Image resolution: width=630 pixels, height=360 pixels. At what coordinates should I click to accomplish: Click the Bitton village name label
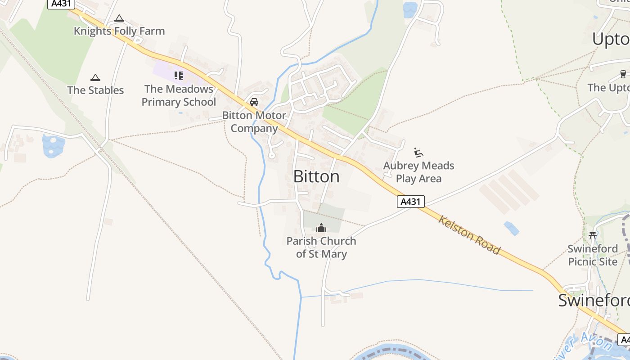316,176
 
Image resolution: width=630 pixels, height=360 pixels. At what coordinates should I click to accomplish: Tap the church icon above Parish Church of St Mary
321,228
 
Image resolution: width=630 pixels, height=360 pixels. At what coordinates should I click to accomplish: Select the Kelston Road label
469,235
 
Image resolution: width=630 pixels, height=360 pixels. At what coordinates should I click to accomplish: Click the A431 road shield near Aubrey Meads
410,202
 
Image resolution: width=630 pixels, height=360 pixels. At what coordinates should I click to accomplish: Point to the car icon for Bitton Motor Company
254,102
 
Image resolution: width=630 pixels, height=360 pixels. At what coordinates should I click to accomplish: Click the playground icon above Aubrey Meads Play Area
418,153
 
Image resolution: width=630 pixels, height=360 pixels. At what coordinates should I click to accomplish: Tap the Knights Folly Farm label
119,31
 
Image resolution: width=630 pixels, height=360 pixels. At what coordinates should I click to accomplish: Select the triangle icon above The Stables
95,78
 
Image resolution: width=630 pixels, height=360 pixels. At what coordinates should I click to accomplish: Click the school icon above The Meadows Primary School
179,76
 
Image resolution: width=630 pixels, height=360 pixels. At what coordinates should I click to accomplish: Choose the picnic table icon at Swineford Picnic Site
593,235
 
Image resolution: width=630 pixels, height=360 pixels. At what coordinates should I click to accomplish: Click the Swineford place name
593,300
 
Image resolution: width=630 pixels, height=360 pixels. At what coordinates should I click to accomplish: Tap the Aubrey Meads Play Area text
418,172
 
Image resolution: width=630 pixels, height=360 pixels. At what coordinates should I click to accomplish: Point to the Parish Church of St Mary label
321,247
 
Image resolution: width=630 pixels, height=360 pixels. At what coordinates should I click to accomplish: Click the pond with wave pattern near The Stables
54,146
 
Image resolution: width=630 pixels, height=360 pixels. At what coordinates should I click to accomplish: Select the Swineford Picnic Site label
593,255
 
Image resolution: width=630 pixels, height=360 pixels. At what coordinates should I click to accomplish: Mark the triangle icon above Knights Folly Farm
119,18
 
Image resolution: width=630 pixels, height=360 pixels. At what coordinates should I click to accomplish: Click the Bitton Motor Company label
254,121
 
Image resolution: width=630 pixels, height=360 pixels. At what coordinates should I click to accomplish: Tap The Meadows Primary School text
179,95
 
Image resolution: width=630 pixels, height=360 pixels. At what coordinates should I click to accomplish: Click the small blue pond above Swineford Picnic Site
511,228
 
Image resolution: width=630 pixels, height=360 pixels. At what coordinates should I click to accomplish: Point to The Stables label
95,90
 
